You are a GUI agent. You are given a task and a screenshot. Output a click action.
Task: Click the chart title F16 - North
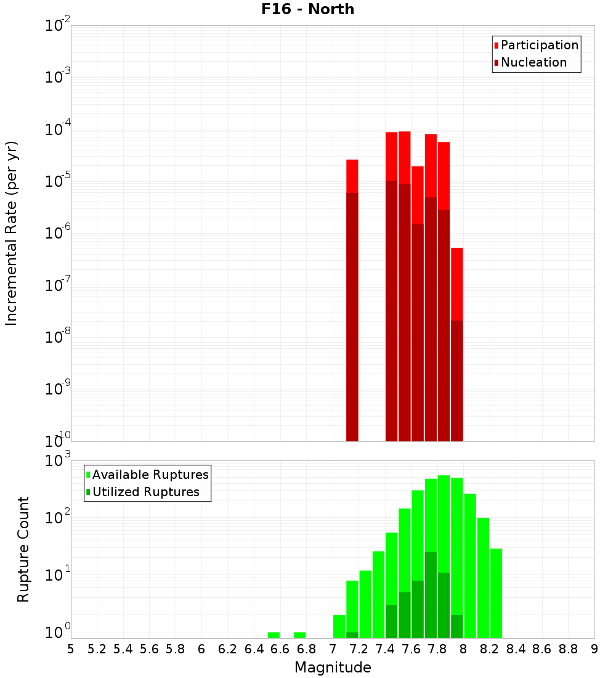[x=306, y=9]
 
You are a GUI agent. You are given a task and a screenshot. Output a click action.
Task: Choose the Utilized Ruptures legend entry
[x=145, y=492]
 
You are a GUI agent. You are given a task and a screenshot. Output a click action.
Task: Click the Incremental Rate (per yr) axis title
[x=11, y=233]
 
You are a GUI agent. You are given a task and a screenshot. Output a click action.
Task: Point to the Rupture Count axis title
[x=23, y=549]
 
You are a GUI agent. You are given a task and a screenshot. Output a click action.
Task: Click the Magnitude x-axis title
[x=333, y=668]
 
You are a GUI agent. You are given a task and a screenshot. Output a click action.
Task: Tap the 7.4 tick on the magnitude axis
[x=385, y=649]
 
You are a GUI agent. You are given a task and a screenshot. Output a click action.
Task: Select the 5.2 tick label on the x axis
[x=97, y=649]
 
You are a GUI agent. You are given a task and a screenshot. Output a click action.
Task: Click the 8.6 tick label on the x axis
[x=542, y=649]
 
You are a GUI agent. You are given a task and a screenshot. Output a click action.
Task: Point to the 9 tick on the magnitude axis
[x=594, y=649]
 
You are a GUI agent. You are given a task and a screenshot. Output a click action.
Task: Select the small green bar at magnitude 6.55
[x=274, y=635]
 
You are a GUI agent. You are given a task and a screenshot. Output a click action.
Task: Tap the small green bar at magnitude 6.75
[x=300, y=635]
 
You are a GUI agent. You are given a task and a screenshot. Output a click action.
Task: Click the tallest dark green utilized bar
[x=431, y=595]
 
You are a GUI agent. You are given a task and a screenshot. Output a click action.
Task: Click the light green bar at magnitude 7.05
[x=339, y=626]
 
